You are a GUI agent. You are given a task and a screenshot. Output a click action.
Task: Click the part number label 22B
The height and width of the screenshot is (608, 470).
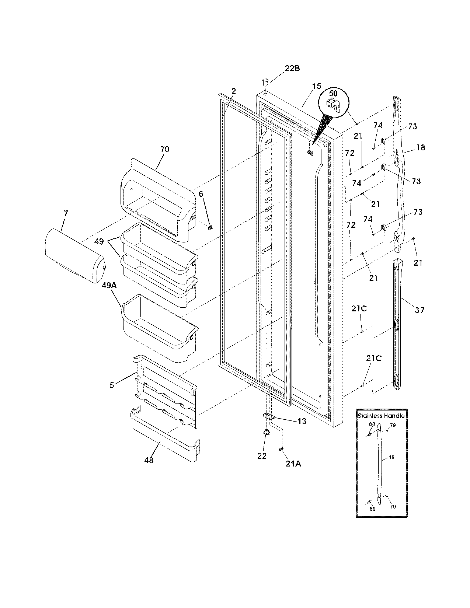click(x=292, y=68)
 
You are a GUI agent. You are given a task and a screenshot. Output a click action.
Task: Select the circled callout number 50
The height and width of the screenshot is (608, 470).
click(x=333, y=94)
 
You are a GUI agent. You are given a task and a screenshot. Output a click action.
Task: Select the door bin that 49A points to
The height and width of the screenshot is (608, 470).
click(x=159, y=326)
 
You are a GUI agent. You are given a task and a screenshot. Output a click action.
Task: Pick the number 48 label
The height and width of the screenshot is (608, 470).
click(x=149, y=460)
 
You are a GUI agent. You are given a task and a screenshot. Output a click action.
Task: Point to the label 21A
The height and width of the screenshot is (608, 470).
click(x=293, y=464)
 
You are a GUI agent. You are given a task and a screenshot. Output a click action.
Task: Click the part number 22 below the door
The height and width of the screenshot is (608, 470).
click(x=262, y=456)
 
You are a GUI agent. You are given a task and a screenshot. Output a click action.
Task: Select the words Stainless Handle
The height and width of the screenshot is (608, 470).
click(x=381, y=416)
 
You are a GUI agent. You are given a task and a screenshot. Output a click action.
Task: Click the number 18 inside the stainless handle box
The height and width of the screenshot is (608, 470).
click(x=391, y=457)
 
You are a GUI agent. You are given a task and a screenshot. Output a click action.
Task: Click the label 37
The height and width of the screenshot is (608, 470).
click(x=419, y=311)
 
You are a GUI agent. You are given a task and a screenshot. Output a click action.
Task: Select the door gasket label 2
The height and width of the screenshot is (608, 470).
click(x=234, y=91)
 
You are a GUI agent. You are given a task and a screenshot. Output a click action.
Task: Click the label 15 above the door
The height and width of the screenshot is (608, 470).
click(x=316, y=87)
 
